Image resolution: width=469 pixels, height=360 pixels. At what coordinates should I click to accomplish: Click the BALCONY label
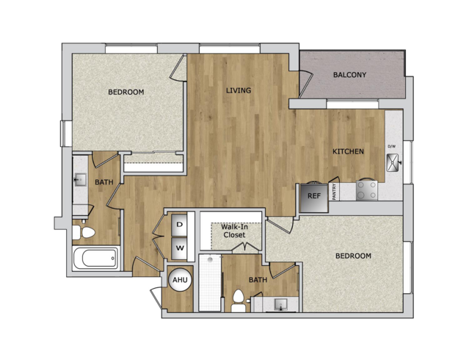point(349,75)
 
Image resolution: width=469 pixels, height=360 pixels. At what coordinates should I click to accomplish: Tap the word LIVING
point(239,90)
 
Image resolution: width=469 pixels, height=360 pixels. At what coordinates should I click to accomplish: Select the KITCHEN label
point(348,151)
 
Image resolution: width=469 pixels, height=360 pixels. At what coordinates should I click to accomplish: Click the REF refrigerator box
point(314,198)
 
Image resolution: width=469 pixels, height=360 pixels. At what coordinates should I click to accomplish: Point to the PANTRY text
point(335,192)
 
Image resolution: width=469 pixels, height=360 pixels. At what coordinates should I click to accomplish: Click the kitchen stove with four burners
point(367,190)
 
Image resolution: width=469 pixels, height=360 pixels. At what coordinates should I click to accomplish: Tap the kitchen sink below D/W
point(393,162)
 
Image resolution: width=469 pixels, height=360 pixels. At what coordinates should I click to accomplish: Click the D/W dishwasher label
point(391,146)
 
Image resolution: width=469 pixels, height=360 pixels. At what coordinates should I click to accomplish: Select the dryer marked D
point(180,225)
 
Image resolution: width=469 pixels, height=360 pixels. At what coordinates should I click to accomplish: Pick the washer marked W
point(180,248)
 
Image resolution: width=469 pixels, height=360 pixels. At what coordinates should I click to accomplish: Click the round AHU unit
point(180,280)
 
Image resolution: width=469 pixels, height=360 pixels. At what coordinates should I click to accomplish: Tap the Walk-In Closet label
point(235,231)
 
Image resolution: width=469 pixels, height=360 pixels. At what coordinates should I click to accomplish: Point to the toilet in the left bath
point(84,232)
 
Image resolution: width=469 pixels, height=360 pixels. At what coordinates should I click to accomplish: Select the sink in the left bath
point(80,180)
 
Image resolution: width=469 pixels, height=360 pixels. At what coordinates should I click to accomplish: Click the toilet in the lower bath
point(239,300)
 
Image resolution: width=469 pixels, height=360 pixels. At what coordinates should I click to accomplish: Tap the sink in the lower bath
point(281,305)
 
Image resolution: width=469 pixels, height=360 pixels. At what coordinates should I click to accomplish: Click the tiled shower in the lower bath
point(210,283)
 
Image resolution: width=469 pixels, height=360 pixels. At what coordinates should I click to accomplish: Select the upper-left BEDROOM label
point(126,92)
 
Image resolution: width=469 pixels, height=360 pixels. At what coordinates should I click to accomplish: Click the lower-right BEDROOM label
point(353,256)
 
